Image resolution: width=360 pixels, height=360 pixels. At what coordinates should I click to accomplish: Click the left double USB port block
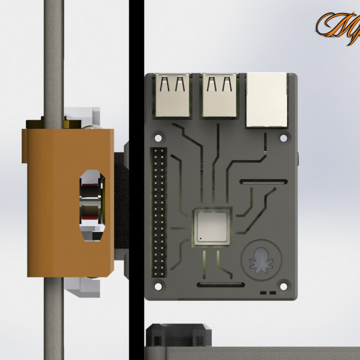pyautogui.click(x=172, y=94)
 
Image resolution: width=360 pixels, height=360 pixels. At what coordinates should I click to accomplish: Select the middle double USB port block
pyautogui.click(x=219, y=94)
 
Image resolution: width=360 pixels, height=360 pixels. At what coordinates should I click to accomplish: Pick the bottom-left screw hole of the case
pyautogui.click(x=158, y=286)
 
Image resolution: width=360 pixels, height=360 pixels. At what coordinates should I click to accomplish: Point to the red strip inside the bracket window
pyautogui.click(x=91, y=219)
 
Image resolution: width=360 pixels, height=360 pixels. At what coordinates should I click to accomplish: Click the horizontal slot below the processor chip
pyautogui.click(x=220, y=285)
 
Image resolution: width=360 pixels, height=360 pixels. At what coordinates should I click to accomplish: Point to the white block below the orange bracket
pyautogui.click(x=82, y=287)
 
